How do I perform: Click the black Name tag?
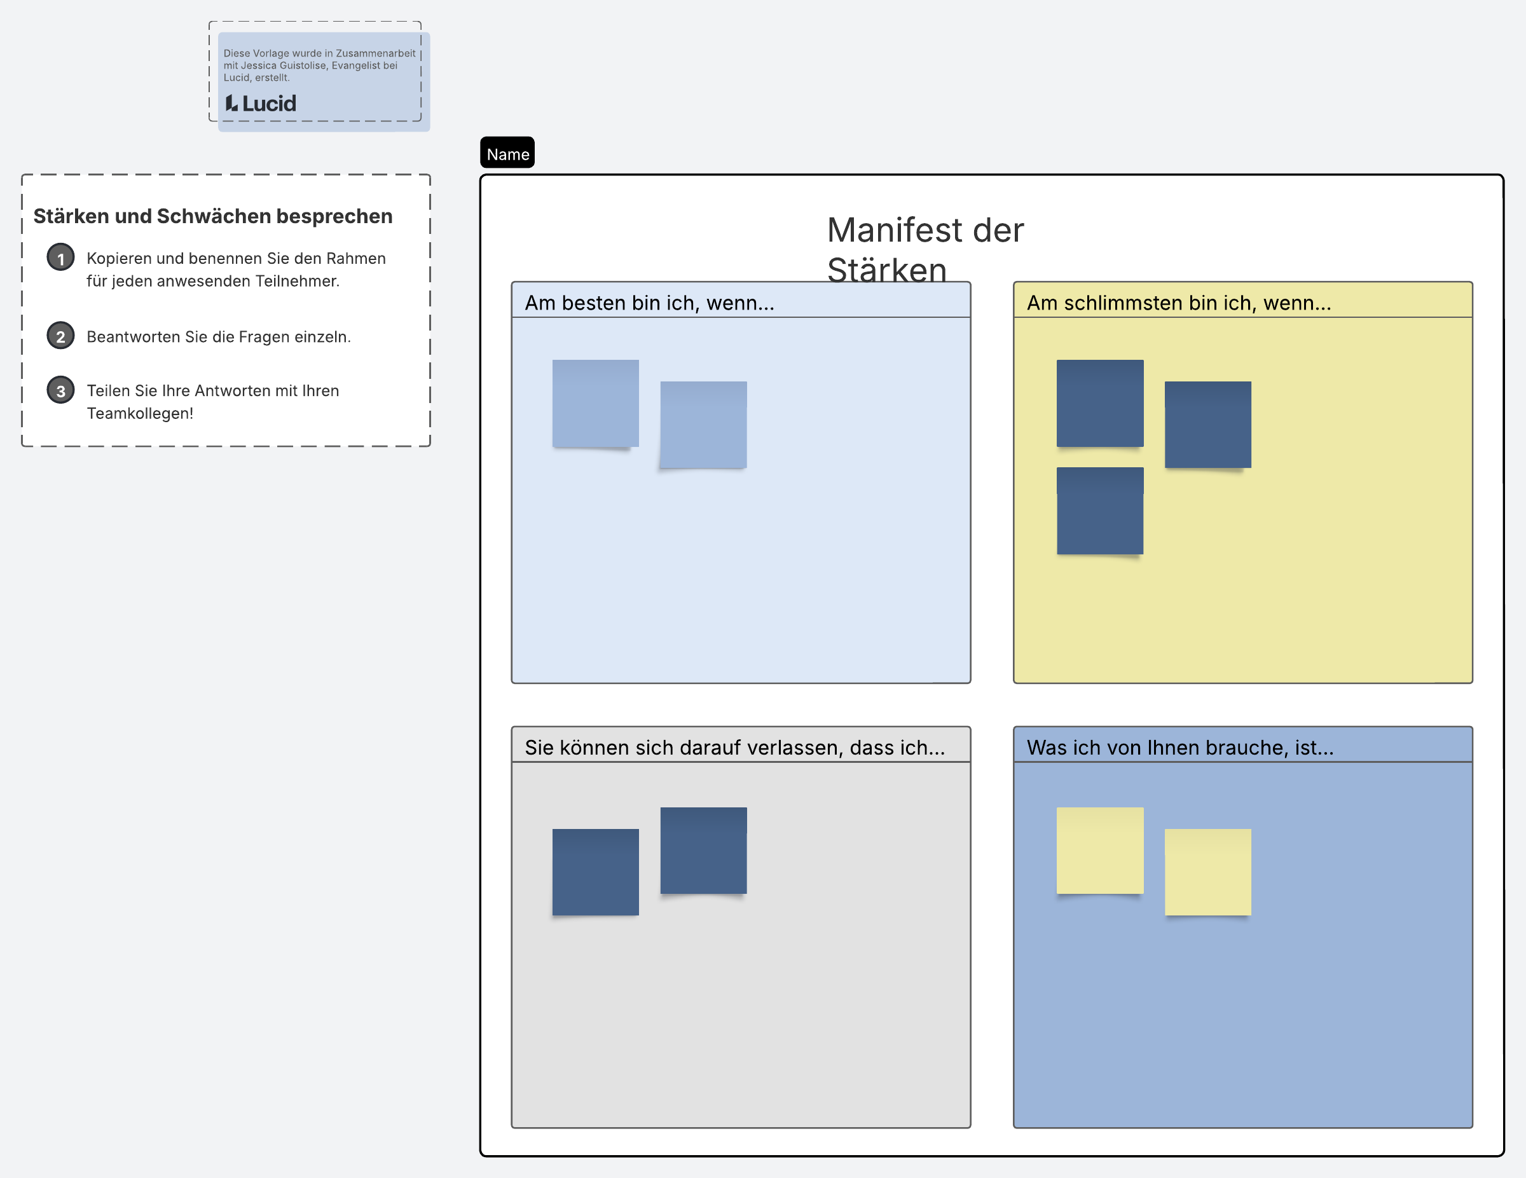click(507, 153)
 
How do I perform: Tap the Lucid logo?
click(261, 104)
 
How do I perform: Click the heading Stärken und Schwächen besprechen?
click(213, 217)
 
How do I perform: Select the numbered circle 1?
click(61, 258)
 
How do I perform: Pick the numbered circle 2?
click(61, 336)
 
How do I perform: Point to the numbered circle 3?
click(61, 390)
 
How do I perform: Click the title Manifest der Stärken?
click(925, 249)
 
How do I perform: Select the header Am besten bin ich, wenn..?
click(650, 303)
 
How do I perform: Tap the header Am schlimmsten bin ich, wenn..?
click(1179, 303)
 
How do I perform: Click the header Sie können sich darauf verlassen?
click(735, 748)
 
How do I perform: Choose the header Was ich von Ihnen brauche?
click(1180, 748)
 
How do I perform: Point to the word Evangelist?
click(356, 65)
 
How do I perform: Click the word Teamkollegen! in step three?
click(140, 413)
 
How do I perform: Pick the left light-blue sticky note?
click(595, 404)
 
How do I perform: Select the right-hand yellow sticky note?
click(1207, 872)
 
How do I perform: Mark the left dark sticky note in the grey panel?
click(595, 872)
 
